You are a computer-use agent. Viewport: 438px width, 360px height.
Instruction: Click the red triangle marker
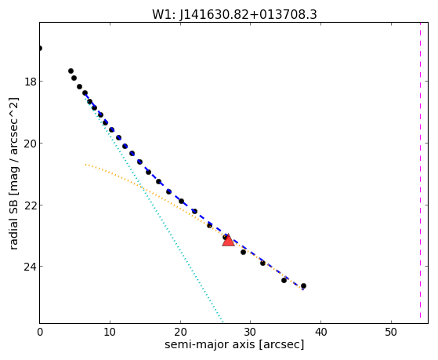pyautogui.click(x=228, y=240)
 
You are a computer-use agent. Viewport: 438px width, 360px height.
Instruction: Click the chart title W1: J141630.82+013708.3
pyautogui.click(x=234, y=14)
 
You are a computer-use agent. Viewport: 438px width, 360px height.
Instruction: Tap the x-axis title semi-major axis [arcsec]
pyautogui.click(x=234, y=344)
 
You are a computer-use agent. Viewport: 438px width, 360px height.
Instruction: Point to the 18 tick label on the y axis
pyautogui.click(x=31, y=82)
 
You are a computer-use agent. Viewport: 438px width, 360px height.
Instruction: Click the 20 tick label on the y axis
pyautogui.click(x=31, y=144)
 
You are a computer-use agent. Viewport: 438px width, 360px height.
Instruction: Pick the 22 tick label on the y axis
pyautogui.click(x=31, y=205)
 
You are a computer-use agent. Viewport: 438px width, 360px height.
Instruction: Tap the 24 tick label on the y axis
pyautogui.click(x=31, y=267)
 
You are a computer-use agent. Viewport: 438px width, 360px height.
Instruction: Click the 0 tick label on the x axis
pyautogui.click(x=40, y=332)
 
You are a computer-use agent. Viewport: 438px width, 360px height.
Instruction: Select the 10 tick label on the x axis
pyautogui.click(x=110, y=332)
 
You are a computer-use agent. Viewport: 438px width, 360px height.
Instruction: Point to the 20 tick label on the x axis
pyautogui.click(x=180, y=332)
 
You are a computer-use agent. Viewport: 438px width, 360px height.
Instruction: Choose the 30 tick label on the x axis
pyautogui.click(x=250, y=332)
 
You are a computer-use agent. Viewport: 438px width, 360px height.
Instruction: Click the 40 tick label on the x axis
pyautogui.click(x=320, y=332)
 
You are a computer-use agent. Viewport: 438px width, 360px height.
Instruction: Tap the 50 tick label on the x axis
pyautogui.click(x=391, y=332)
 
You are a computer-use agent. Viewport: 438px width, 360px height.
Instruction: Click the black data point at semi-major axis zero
pyautogui.click(x=40, y=49)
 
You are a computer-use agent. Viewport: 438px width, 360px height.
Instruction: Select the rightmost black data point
pyautogui.click(x=304, y=285)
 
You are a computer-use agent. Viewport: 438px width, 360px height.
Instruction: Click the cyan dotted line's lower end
pyautogui.click(x=223, y=322)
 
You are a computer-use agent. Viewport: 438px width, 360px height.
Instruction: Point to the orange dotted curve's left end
pyautogui.click(x=85, y=164)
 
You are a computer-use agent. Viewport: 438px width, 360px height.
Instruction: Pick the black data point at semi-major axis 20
pyautogui.click(x=181, y=201)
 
